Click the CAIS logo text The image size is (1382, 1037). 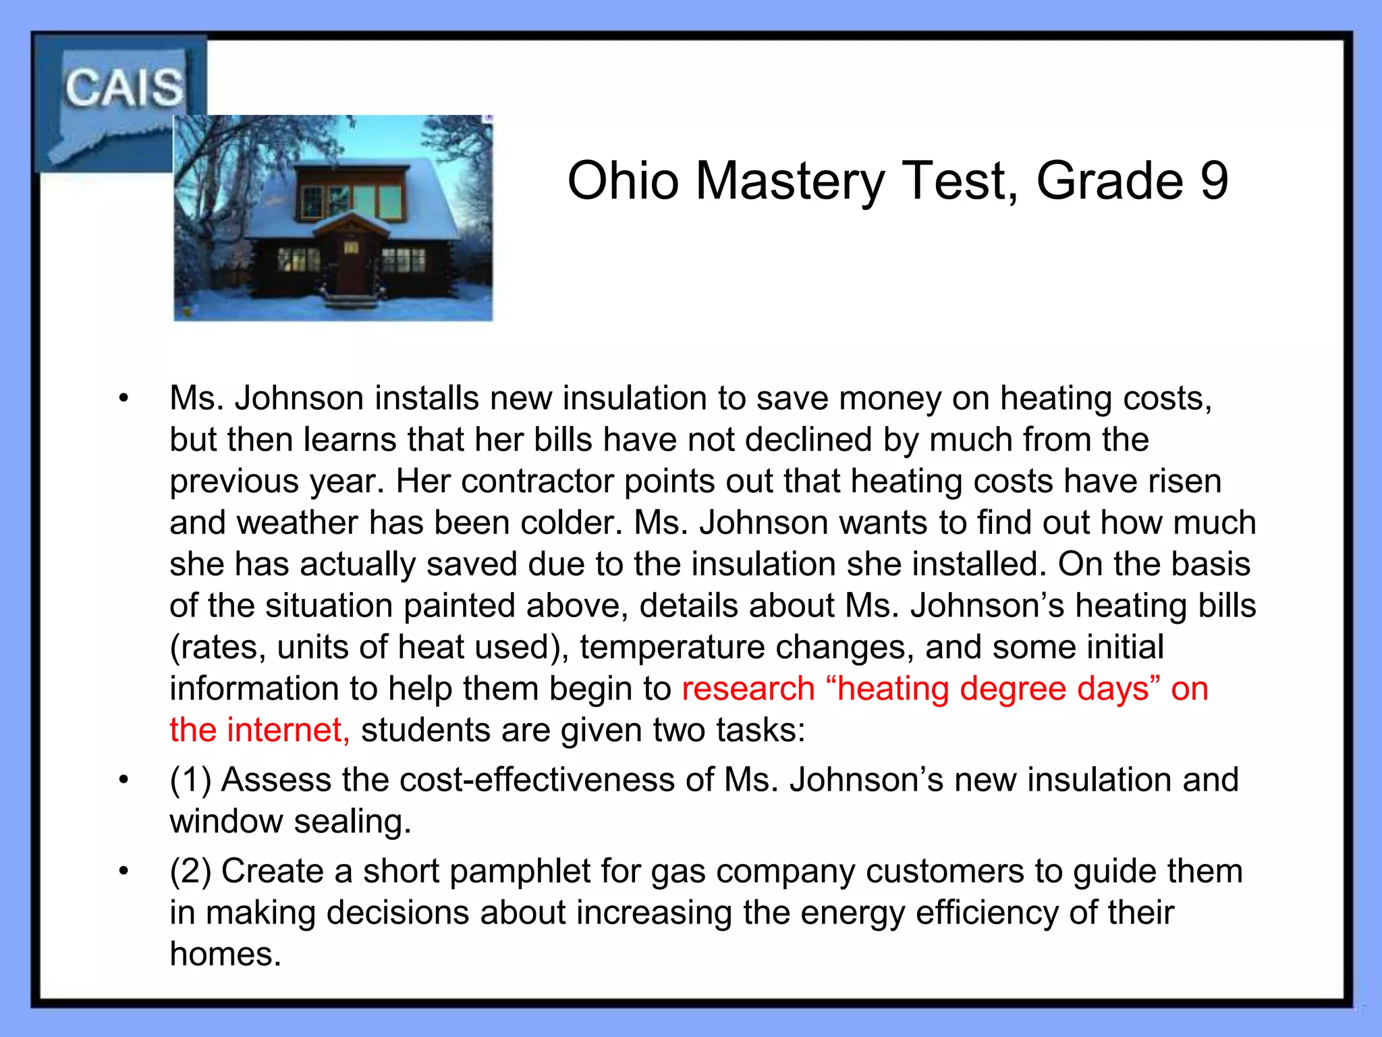pyautogui.click(x=123, y=88)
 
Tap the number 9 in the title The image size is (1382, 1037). pyautogui.click(x=1214, y=181)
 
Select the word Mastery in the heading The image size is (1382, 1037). pyautogui.click(x=790, y=182)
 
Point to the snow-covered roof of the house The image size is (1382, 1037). pyautogui.click(x=432, y=196)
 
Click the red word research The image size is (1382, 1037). pyautogui.click(x=748, y=689)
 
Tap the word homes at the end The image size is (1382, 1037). pyautogui.click(x=225, y=955)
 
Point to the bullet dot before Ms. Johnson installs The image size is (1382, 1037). pyautogui.click(x=123, y=398)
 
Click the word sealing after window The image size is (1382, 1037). pyautogui.click(x=352, y=822)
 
